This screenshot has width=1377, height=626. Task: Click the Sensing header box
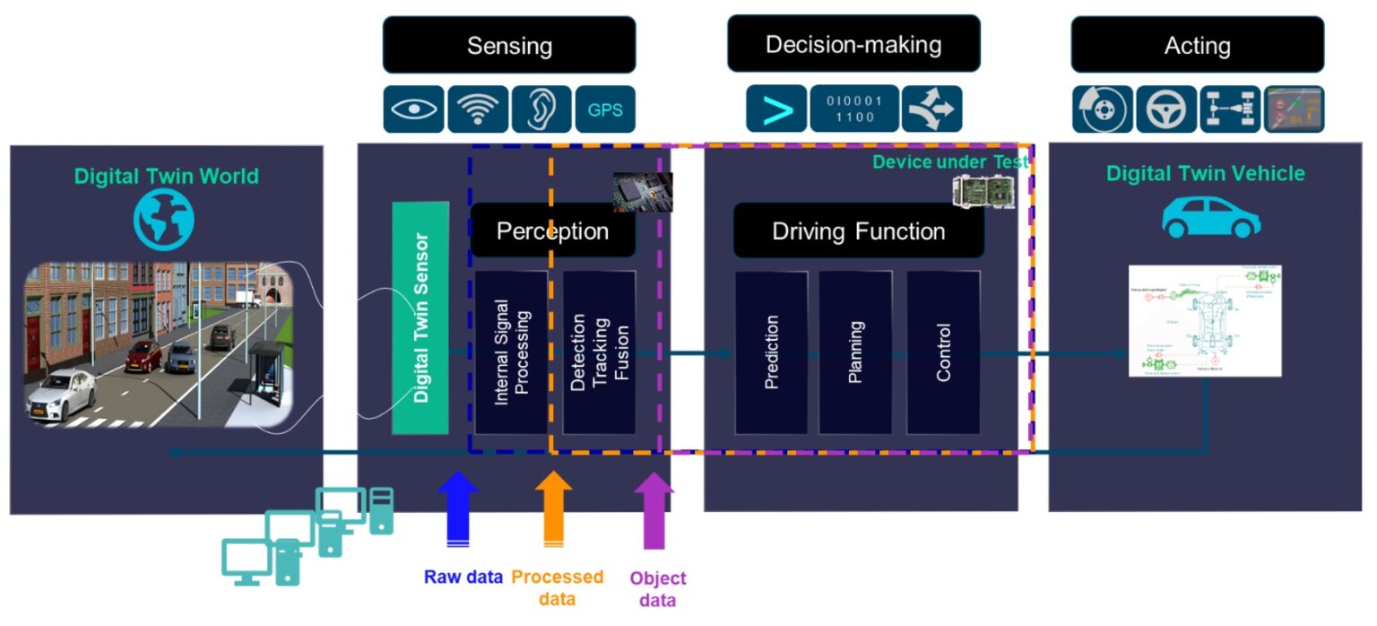(x=508, y=45)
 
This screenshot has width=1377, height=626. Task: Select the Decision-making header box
(x=853, y=44)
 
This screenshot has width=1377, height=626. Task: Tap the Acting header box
(x=1197, y=45)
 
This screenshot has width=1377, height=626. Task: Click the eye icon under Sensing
(x=413, y=109)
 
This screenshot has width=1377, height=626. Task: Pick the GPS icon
(x=604, y=110)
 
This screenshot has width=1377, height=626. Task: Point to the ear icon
(x=541, y=109)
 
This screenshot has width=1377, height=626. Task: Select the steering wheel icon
(x=1165, y=110)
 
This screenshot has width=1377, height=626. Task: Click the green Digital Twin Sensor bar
(x=420, y=317)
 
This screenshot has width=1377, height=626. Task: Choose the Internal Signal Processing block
(x=511, y=352)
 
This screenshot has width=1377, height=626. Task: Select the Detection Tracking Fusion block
(x=599, y=352)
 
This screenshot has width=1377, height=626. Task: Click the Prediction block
(x=771, y=352)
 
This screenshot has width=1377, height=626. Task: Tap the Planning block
(x=855, y=352)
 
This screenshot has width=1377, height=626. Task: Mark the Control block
(x=943, y=352)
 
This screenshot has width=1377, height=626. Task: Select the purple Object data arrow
(x=654, y=510)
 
